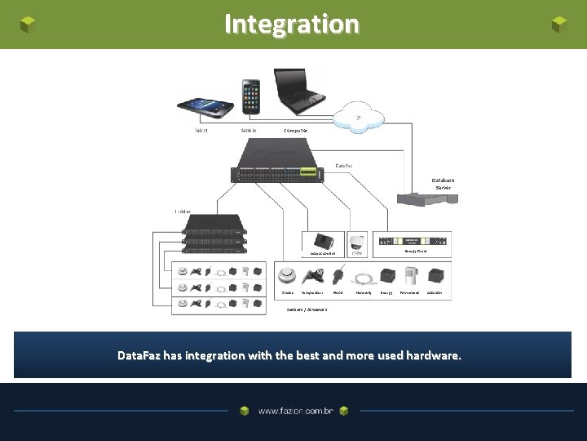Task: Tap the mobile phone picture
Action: [x=250, y=96]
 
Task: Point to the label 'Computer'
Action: [x=295, y=131]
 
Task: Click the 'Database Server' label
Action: [x=444, y=184]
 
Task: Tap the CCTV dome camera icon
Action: [x=357, y=242]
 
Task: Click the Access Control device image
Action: [x=324, y=241]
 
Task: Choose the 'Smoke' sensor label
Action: [x=287, y=292]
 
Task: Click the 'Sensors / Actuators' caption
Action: [x=307, y=310]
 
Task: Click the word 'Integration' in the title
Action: [x=291, y=24]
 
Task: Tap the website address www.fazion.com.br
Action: [x=296, y=412]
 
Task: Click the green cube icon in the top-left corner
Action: [x=28, y=24]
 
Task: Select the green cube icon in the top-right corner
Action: [x=559, y=24]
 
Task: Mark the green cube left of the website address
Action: [x=245, y=412]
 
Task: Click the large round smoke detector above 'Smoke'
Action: [x=287, y=274]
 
